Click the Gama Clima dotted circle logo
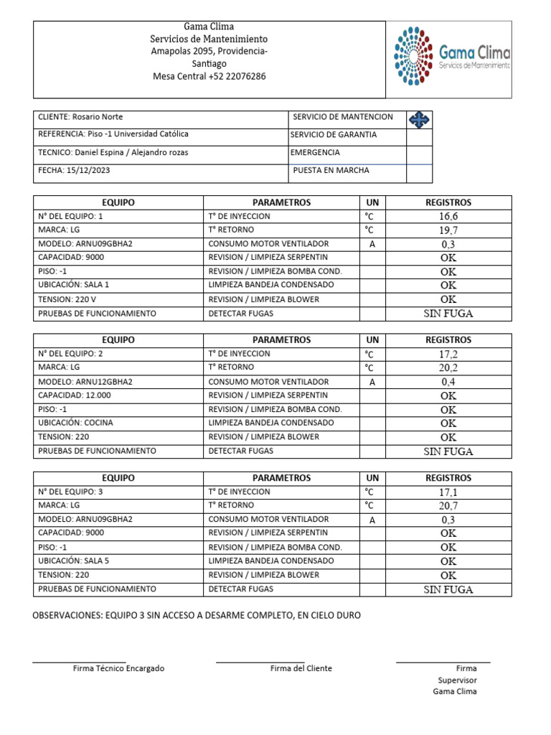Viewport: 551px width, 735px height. tap(413, 54)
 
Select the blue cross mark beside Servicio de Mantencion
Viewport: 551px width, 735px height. tap(419, 118)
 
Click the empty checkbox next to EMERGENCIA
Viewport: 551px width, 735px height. tap(419, 154)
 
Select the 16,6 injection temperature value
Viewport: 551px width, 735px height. tap(448, 216)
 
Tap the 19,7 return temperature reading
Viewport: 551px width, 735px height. tap(448, 230)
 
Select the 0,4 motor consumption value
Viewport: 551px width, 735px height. tap(448, 382)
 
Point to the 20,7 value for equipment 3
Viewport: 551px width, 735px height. tap(448, 505)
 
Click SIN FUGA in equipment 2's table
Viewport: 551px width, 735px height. tap(448, 451)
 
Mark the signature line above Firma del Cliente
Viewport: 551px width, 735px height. tap(260, 662)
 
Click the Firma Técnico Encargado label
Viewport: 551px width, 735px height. tap(118, 668)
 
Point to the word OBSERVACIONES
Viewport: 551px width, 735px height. tap(67, 616)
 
